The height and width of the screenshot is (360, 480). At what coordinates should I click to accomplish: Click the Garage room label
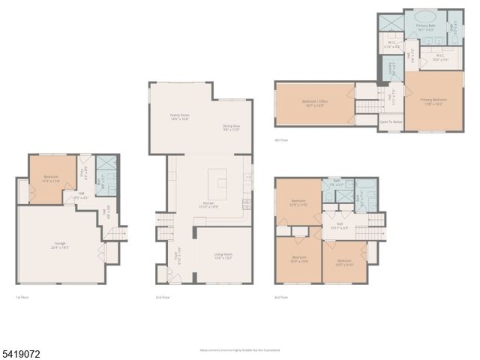60,244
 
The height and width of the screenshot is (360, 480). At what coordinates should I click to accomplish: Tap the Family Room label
179,117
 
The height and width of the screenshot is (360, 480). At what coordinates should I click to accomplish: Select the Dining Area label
231,127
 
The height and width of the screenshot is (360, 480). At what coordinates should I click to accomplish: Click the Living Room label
222,256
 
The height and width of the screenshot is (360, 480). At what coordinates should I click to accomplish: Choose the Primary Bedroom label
433,100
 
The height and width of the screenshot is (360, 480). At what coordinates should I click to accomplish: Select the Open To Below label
391,121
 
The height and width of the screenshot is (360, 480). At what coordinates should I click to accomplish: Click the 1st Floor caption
22,297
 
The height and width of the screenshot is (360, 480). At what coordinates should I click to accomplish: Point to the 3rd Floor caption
281,297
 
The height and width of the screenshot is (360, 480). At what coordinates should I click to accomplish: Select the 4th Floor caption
281,139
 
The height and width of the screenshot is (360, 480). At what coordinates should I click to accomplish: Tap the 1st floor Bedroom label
51,178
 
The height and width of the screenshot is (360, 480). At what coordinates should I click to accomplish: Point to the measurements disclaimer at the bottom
239,349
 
